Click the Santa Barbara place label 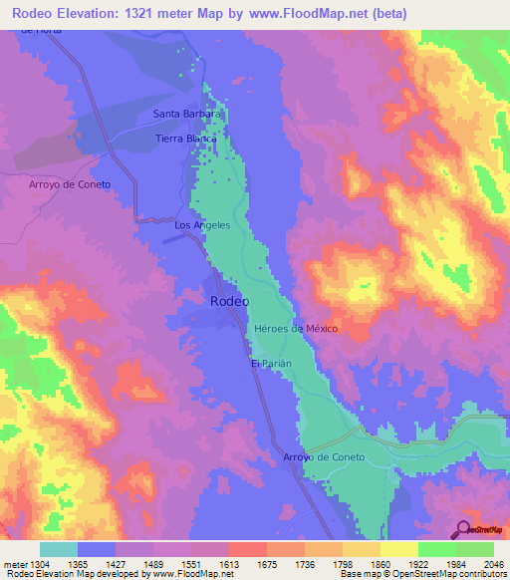[x=185, y=114]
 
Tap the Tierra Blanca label [x=187, y=139]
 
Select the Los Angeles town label [x=202, y=225]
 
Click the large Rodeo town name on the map [x=229, y=300]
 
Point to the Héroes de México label [x=297, y=329]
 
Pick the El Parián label [x=271, y=364]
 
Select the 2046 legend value [x=494, y=564]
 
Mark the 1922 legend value [x=418, y=564]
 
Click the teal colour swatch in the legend [x=59, y=549]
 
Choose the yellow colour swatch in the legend [x=398, y=549]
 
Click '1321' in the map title [x=161, y=13]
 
